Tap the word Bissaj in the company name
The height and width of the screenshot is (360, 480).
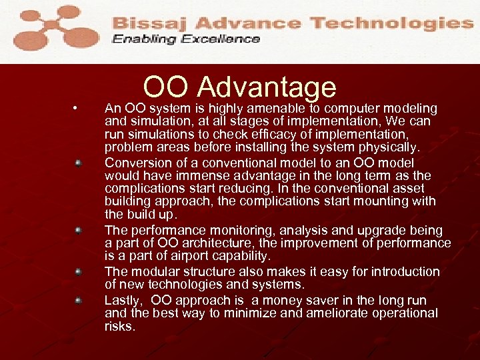[x=148, y=23]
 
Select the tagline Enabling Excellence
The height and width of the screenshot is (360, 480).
[x=186, y=39]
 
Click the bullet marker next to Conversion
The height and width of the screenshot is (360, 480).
[x=78, y=163]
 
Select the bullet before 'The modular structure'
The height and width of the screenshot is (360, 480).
[x=78, y=272]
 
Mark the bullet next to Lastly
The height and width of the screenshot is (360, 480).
[x=78, y=300]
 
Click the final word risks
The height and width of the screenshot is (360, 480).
[x=120, y=327]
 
